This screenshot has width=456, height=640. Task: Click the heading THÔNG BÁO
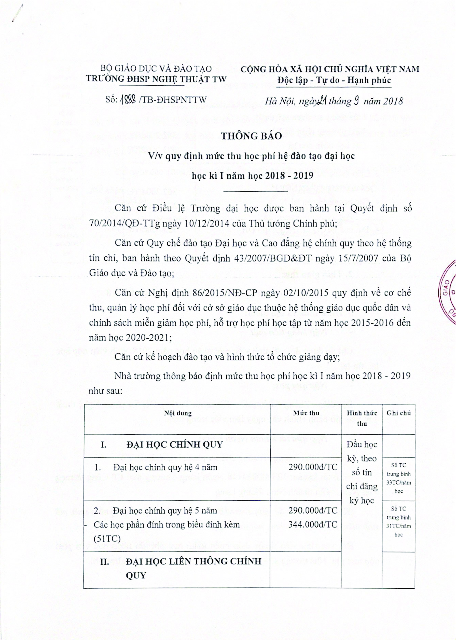[251, 136]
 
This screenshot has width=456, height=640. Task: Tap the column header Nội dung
[178, 413]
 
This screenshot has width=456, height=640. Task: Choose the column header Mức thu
[306, 413]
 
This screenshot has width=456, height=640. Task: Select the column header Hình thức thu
[362, 418]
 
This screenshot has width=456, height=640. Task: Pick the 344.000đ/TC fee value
[312, 525]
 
